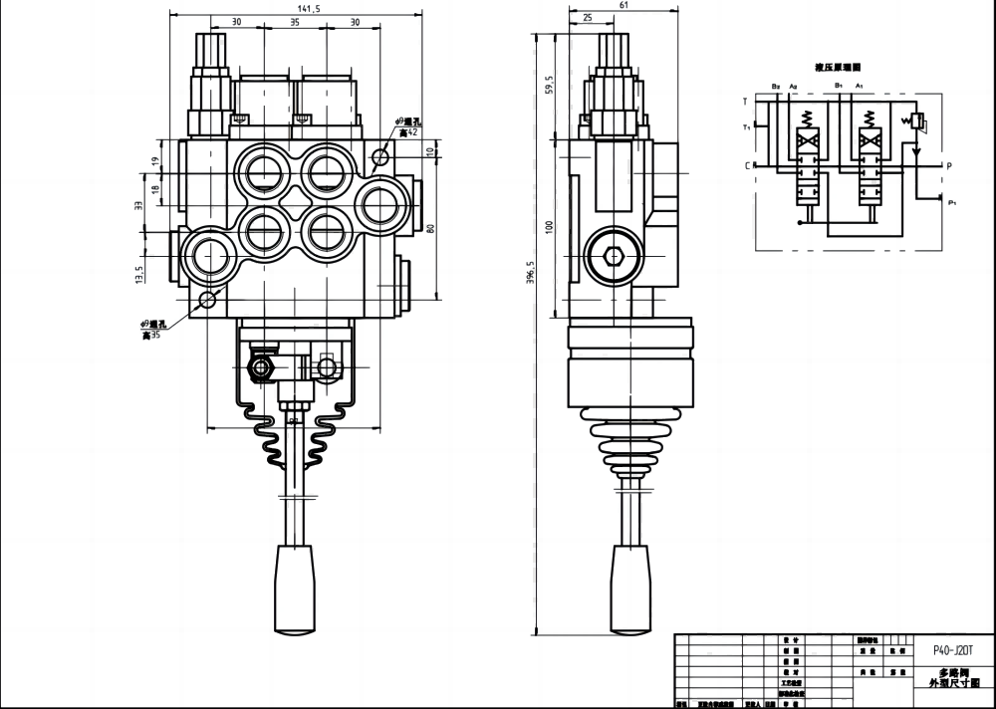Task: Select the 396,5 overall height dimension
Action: click(x=530, y=271)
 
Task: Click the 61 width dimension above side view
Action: click(x=622, y=6)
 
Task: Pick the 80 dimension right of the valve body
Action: click(x=431, y=227)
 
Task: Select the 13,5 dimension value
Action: click(x=140, y=273)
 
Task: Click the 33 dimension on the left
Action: click(x=139, y=205)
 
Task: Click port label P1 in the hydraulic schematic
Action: click(x=953, y=203)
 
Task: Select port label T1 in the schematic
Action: click(x=746, y=127)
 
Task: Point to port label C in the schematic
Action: click(x=747, y=165)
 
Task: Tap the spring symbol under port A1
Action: click(x=867, y=118)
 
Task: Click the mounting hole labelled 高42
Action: click(x=379, y=156)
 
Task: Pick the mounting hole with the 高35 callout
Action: click(x=207, y=300)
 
